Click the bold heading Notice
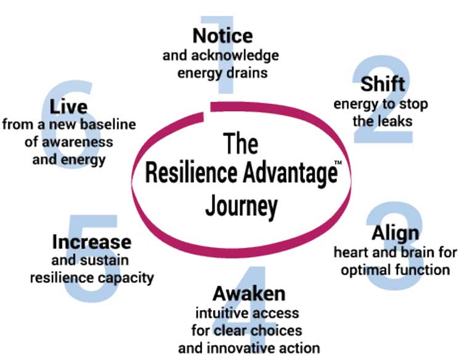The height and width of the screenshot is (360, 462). coord(222,35)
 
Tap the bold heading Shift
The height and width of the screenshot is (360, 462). coord(382,83)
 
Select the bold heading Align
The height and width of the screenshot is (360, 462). coord(395,233)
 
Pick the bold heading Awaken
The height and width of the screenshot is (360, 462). coord(249,292)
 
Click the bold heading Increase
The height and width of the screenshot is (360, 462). coord(92,241)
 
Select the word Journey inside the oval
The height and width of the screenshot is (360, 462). coord(241,205)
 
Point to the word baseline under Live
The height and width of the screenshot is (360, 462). coord(108,125)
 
